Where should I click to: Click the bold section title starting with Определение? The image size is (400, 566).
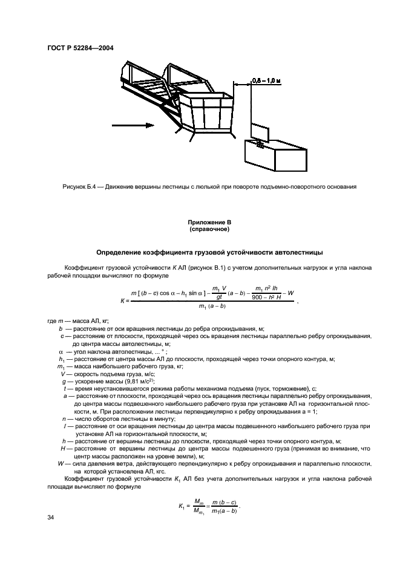199,251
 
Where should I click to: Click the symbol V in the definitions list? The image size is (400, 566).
62,374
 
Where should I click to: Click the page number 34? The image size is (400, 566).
51,518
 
